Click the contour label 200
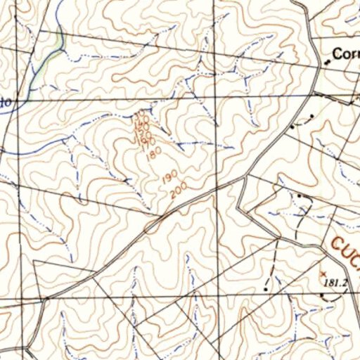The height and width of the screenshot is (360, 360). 177,190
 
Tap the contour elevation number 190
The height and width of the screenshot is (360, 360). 169,179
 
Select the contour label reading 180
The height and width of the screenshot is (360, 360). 154,153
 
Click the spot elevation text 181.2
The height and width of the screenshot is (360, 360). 337,283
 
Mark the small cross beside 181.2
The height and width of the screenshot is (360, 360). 323,272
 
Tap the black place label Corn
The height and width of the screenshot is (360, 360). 345,53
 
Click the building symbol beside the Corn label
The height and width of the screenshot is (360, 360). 326,62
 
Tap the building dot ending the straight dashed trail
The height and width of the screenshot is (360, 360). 265,288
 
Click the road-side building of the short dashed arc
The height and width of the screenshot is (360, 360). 293,127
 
